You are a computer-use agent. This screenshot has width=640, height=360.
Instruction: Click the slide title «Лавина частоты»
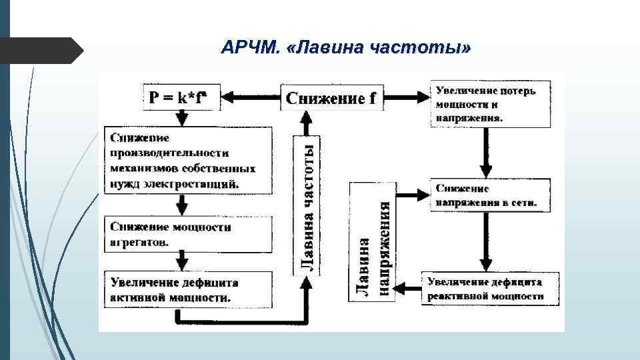(346, 49)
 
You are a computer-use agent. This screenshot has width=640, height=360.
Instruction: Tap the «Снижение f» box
(330, 98)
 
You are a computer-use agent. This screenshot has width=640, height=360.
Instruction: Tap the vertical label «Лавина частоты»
(306, 203)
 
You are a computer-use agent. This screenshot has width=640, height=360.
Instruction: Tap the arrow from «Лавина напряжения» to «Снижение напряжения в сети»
(412, 195)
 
